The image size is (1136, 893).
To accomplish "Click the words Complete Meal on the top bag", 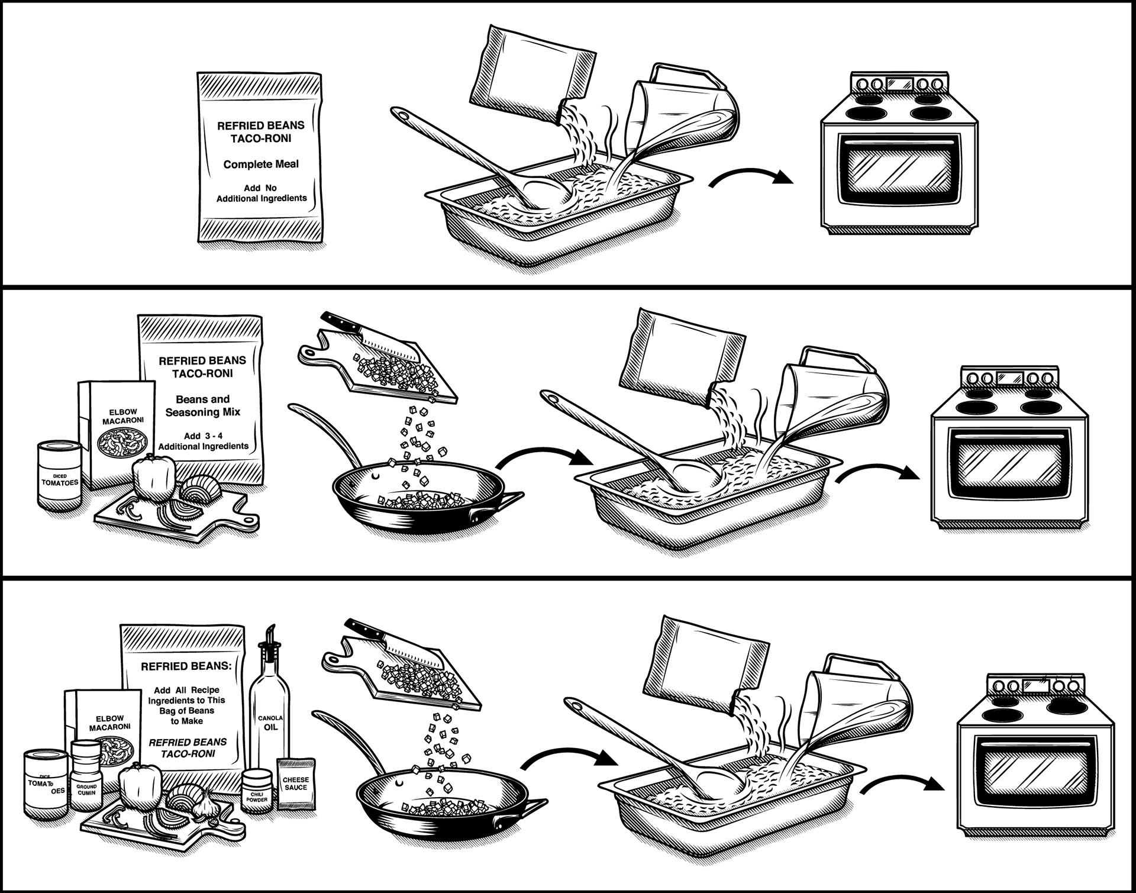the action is [x=261, y=165].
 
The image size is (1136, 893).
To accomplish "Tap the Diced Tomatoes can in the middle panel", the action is [x=59, y=475].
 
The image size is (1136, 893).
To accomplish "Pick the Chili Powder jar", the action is [x=257, y=792].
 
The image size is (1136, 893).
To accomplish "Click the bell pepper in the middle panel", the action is [x=154, y=478].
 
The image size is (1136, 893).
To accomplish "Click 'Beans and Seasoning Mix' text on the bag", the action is [x=203, y=405].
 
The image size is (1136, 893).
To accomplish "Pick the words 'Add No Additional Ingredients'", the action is [x=262, y=194].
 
